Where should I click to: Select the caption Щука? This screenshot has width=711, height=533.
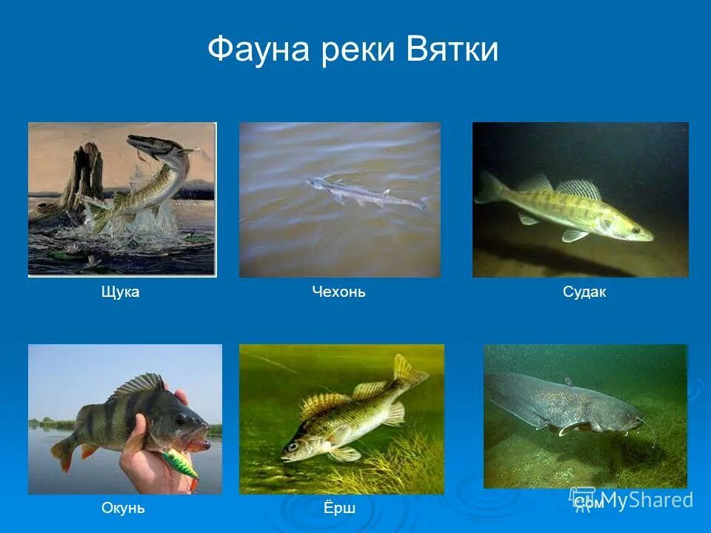coord(120,292)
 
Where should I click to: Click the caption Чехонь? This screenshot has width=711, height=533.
coord(338,292)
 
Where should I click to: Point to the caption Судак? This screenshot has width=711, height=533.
coord(584,292)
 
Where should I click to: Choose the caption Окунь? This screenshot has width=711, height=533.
coord(123,509)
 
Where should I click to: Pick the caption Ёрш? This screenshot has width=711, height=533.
coord(340,509)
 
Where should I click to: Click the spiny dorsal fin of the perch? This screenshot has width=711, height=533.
coord(137,385)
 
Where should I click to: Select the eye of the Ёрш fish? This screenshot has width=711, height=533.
coord(294,446)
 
